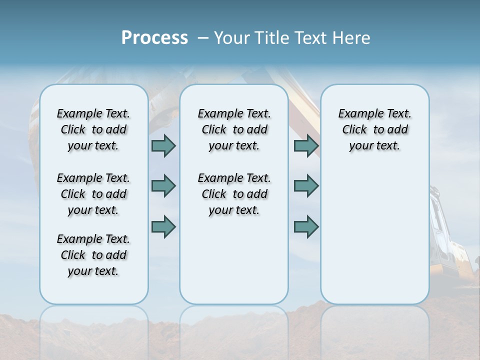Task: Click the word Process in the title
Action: (154, 38)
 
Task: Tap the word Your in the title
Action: (231, 38)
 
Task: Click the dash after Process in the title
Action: (203, 38)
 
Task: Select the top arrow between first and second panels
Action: (163, 146)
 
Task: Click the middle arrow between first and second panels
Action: (163, 186)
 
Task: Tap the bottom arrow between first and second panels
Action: (163, 227)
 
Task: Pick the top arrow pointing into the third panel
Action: (306, 146)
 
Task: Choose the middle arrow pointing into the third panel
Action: (306, 186)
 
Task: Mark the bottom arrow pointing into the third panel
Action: (306, 227)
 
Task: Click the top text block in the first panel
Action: (93, 129)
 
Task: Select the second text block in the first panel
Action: (93, 194)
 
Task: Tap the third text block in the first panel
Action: (93, 255)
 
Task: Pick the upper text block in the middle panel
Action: (234, 129)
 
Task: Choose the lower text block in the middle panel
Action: (234, 194)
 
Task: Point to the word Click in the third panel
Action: (354, 130)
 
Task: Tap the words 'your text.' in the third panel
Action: (374, 146)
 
